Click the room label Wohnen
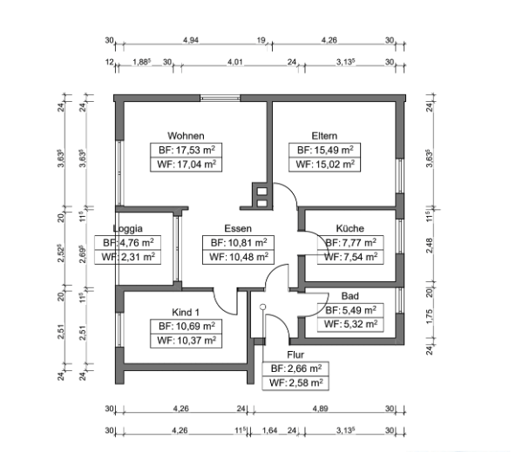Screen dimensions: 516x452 (x=186, y=136)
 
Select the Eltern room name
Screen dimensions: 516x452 (x=324, y=136)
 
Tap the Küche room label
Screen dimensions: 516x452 (x=350, y=228)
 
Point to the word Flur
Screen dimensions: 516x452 (x=295, y=354)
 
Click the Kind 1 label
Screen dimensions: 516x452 (x=186, y=312)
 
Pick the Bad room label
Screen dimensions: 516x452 (x=350, y=296)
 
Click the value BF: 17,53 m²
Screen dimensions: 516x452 (x=187, y=150)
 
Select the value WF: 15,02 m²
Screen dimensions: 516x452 (x=325, y=164)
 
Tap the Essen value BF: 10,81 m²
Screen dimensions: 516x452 (x=239, y=243)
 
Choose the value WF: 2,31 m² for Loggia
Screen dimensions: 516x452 (x=128, y=257)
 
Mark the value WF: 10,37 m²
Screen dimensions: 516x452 (x=187, y=341)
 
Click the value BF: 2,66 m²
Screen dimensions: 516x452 (x=296, y=368)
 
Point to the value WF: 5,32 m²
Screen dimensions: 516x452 (x=350, y=324)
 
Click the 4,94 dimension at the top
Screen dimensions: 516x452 (x=191, y=40)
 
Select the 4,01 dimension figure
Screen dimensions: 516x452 (x=235, y=62)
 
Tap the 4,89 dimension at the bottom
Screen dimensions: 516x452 (x=320, y=408)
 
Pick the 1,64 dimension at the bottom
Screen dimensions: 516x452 (x=270, y=430)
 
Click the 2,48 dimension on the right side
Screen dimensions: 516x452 (x=430, y=246)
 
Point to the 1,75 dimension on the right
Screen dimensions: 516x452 (x=430, y=316)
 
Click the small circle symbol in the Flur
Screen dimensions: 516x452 (x=262, y=307)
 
